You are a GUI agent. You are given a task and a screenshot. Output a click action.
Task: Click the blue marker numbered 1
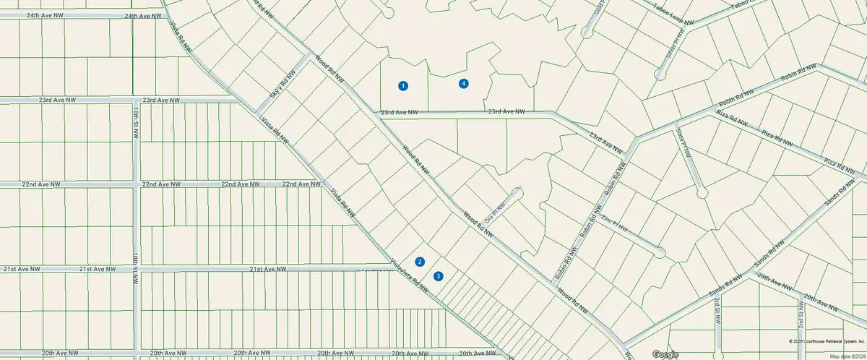point(403,86)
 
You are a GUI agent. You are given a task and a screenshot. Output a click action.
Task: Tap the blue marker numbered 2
point(420,262)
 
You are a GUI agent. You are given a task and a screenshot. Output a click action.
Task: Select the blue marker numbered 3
point(438,276)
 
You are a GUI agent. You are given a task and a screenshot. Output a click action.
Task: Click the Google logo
point(665,354)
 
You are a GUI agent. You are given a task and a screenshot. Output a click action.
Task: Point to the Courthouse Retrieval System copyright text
point(825,340)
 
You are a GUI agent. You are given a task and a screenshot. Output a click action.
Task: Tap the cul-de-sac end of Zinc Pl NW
point(659,252)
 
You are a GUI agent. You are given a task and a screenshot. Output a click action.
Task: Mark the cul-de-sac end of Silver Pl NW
point(659,74)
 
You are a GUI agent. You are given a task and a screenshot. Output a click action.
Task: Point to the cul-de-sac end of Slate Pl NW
point(701,193)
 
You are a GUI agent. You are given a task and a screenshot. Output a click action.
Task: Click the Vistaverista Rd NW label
point(408,276)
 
